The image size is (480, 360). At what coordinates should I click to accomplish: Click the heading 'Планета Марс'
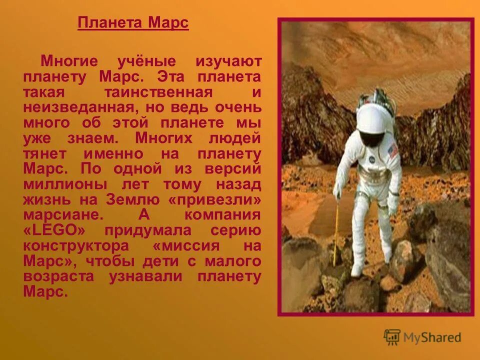(133, 23)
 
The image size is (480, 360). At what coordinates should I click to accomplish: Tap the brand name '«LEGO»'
(58, 231)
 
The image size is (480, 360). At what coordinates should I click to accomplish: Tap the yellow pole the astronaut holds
(336, 230)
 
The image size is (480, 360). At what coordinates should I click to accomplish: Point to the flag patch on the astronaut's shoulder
(393, 148)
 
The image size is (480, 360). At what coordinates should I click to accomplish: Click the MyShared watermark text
(432, 337)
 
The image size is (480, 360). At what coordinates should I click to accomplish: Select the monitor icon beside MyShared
(392, 336)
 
